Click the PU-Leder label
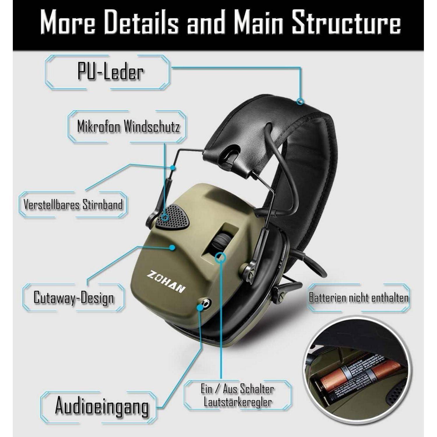pos(110,72)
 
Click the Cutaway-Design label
pos(74,297)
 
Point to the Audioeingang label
pos(102,405)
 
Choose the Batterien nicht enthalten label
pos(359,298)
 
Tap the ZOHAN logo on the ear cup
pos(166,281)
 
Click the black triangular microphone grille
pos(172,216)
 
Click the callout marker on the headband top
pos(300,101)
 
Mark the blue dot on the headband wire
pos(173,168)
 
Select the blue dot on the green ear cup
pos(172,247)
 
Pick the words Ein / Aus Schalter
pos(237,389)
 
